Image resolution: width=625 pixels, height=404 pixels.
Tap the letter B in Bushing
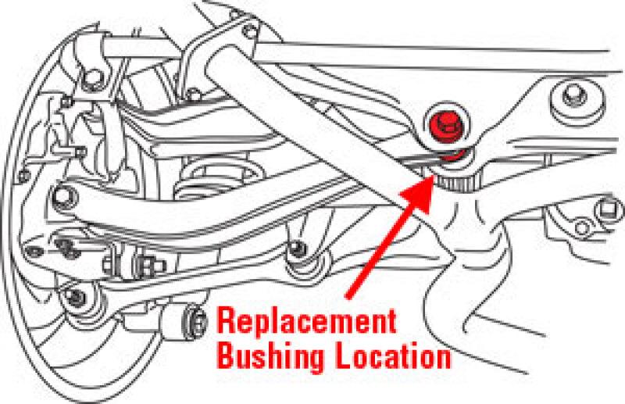[225, 357]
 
